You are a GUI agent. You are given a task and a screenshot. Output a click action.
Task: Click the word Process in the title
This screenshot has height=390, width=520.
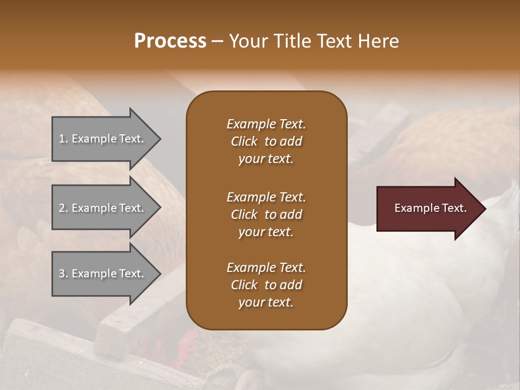(x=170, y=41)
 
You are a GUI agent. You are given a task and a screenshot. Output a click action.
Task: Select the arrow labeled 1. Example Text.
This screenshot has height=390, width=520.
(x=103, y=139)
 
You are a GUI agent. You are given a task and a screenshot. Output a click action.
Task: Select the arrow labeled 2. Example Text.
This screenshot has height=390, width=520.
(x=103, y=208)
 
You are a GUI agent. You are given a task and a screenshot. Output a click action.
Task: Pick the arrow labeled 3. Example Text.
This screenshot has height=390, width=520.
(x=103, y=274)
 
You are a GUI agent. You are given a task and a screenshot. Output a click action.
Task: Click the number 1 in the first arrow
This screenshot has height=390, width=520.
(x=62, y=139)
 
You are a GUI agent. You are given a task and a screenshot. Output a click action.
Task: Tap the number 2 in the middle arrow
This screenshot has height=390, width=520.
(x=62, y=208)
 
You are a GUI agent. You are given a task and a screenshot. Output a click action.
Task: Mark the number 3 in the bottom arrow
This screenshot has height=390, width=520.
(x=62, y=274)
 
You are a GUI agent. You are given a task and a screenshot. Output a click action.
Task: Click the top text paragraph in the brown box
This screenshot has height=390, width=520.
(x=266, y=141)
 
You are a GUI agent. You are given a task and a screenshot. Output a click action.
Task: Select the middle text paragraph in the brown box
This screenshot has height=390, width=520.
(x=266, y=214)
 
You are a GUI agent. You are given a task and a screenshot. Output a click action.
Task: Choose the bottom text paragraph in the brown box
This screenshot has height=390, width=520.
(x=266, y=285)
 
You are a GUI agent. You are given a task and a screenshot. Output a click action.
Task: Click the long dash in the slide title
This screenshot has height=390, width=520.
(x=218, y=42)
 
